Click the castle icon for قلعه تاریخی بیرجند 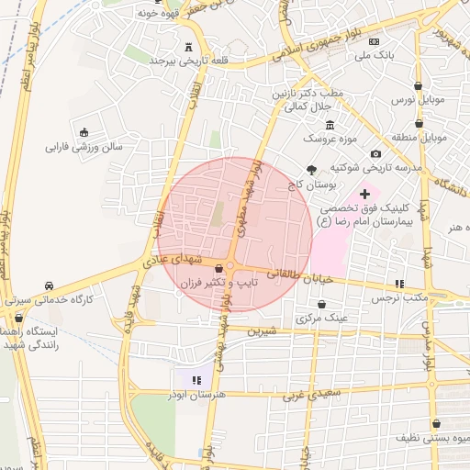pos(189,47)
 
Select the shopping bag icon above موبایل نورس pos(417,84)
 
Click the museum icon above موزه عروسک pos(330,126)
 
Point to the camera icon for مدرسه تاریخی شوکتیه pos(375,153)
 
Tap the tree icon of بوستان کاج pos(312,169)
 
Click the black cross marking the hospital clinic pos(364,194)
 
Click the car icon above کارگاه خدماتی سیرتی pos(49,285)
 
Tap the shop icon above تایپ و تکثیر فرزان pos(218,268)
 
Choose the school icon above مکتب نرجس pos(398,284)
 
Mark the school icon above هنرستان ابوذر pos(196,379)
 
